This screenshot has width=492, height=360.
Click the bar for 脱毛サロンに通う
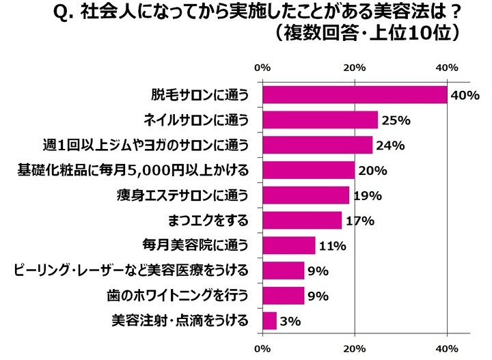pyautogui.click(x=355, y=95)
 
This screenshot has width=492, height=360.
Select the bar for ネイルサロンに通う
pyautogui.click(x=320, y=120)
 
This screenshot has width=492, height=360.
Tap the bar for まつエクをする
pyautogui.click(x=302, y=220)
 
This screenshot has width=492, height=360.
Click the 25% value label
pyautogui.click(x=396, y=120)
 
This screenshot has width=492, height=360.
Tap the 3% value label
pyautogui.click(x=290, y=320)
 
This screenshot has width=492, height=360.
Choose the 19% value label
pyautogui.click(x=367, y=195)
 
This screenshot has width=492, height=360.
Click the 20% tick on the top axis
pyautogui.click(x=355, y=68)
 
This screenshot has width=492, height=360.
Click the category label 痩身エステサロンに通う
pyautogui.click(x=186, y=195)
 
